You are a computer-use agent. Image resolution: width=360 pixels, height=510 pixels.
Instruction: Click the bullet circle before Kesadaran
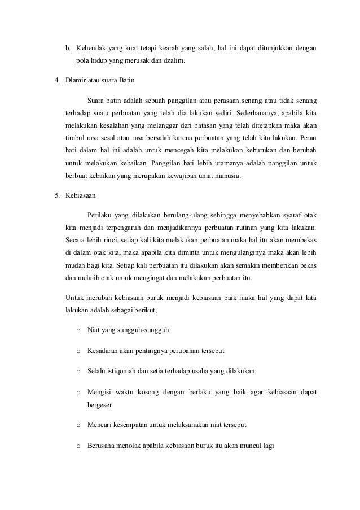(77, 351)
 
